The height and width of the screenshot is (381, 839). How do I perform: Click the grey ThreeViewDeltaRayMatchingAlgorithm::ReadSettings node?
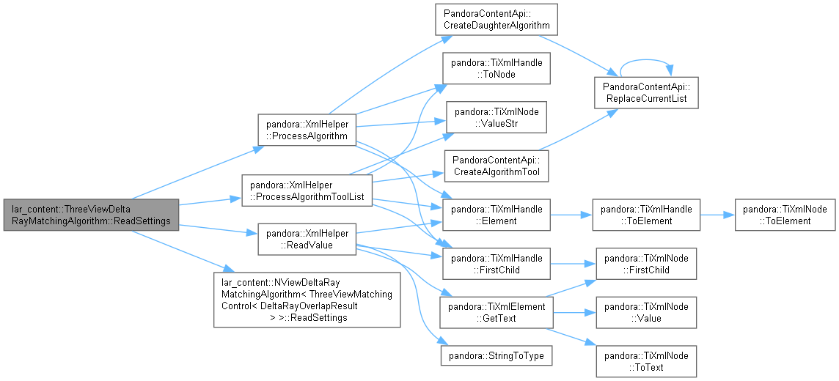(91, 215)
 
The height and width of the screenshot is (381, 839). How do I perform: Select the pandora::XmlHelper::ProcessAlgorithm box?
(307, 129)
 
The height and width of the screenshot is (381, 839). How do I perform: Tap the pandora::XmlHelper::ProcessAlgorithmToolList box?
(307, 190)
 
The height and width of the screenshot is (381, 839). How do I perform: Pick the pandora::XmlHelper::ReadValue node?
(307, 240)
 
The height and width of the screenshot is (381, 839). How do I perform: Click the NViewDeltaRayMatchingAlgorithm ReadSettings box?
(307, 300)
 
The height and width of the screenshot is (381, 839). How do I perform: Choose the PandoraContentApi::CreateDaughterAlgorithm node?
(497, 20)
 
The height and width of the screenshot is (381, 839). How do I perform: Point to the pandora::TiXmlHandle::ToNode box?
(497, 68)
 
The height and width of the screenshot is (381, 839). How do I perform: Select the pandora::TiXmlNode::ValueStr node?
(497, 117)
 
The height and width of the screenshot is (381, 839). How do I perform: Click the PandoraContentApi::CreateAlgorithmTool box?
(497, 166)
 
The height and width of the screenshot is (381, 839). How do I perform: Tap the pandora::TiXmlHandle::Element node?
(497, 215)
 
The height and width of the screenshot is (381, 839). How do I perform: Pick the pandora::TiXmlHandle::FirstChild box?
(497, 264)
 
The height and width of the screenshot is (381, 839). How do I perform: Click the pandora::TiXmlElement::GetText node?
(497, 312)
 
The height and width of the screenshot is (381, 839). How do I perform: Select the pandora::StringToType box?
(497, 356)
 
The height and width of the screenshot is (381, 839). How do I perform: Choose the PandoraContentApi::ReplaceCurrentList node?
(646, 93)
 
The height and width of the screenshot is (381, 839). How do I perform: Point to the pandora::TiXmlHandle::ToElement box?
(646, 215)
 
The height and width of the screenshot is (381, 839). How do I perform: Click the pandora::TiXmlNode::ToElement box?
(785, 215)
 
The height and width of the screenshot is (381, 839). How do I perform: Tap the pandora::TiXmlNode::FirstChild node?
(646, 264)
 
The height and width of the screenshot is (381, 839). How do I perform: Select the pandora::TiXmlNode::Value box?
(646, 312)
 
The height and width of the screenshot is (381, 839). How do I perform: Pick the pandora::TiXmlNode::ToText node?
(646, 361)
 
